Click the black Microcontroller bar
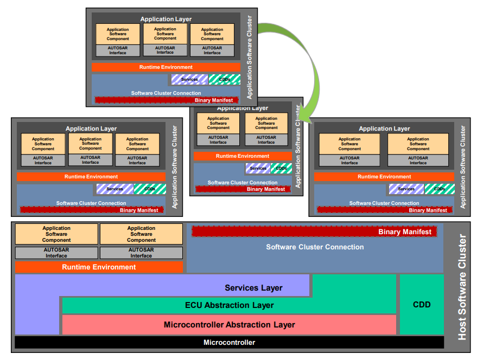229,342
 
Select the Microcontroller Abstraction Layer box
229,325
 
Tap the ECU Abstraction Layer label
229,305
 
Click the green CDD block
421,304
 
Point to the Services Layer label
253,288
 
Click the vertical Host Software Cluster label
462,287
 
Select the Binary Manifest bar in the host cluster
314,232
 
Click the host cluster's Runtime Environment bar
99,267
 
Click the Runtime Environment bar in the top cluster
166,67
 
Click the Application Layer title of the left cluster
91,129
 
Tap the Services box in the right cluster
406,189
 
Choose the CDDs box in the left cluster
150,189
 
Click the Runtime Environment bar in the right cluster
384,177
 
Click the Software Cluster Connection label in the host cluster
315,247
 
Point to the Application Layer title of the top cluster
166,20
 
